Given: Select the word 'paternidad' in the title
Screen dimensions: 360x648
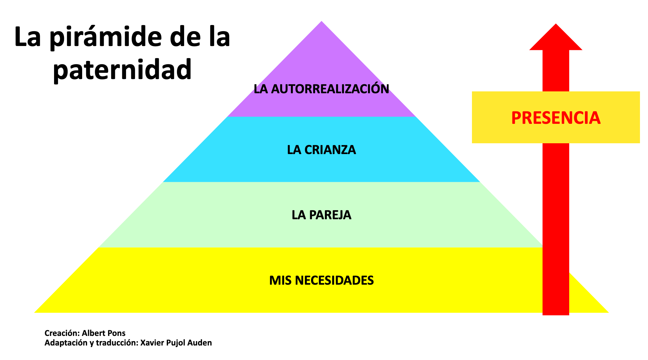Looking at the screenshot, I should pos(122,70).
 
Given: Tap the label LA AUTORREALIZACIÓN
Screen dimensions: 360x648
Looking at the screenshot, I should pos(321,89).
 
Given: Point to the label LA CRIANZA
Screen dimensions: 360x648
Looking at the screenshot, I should pos(321,150).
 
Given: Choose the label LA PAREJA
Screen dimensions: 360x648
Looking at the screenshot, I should pos(321,215).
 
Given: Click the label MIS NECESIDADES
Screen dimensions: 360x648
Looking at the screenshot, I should pos(321,280).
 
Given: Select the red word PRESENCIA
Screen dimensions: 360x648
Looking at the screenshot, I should pos(556,118).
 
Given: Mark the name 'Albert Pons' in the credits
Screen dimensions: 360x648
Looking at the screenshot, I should pos(103,333).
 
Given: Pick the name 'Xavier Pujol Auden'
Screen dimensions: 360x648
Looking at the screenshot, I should pos(176,343).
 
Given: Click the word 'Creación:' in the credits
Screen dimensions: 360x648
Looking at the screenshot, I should pos(62,333).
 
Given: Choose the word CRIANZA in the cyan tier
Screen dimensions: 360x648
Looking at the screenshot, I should pos(330,150).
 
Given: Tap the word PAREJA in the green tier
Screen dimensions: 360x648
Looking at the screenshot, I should pos(330,215).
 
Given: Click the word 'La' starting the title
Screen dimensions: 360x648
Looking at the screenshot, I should pos(27,38).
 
